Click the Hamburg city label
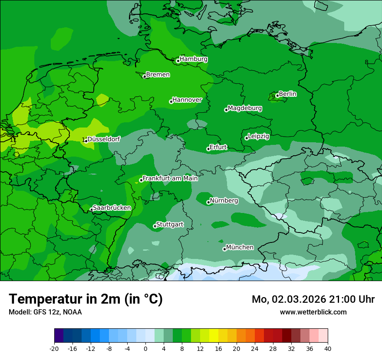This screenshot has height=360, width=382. (193, 59)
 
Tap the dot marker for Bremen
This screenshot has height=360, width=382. (145, 76)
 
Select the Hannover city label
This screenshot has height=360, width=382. (187, 100)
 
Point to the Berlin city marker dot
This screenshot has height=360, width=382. (277, 96)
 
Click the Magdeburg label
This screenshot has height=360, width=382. (245, 108)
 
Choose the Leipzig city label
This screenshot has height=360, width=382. (259, 136)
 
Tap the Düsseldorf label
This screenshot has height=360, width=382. (104, 139)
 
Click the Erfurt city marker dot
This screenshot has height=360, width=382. (208, 149)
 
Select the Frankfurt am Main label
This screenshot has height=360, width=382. (170, 178)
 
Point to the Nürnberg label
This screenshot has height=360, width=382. (224, 201)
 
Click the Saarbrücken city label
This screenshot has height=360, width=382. (112, 208)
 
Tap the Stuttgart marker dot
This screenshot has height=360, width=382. (155, 226)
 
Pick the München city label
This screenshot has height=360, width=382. (240, 247)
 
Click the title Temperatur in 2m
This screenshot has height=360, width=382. (86, 299)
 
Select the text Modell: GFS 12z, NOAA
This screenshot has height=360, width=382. (45, 312)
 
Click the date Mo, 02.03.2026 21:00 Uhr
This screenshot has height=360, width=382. (313, 299)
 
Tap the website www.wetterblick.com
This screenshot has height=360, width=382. (313, 312)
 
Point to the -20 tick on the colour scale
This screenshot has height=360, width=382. (54, 348)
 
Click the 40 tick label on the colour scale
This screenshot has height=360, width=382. (327, 348)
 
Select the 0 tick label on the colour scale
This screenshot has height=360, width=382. (145, 348)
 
